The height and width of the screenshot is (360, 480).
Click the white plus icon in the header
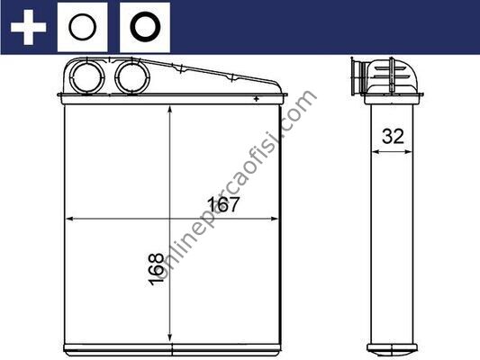pyautogui.click(x=28, y=27)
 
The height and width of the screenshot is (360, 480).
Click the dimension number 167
pyautogui.click(x=223, y=204)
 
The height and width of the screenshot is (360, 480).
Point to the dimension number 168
pyautogui.click(x=156, y=269)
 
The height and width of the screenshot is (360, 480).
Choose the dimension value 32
pyautogui.click(x=393, y=136)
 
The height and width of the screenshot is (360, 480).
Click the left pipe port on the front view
pyautogui.click(x=87, y=76)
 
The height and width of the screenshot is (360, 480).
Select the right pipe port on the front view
pyautogui.click(x=132, y=76)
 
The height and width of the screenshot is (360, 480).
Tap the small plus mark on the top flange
pyautogui.click(x=257, y=99)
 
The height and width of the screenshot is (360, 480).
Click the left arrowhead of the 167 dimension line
pyautogui.click(x=69, y=219)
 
